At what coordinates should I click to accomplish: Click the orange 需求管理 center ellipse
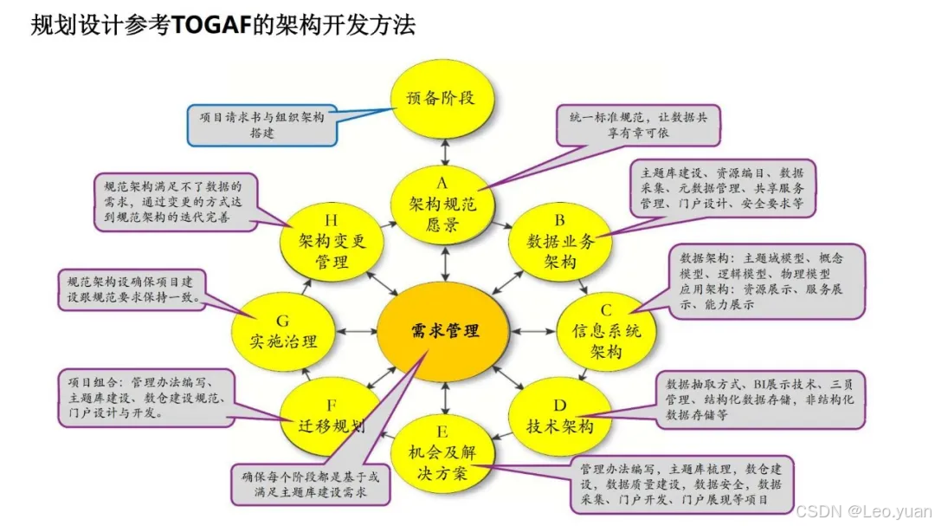(x=444, y=329)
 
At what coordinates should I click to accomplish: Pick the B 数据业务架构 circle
(x=561, y=242)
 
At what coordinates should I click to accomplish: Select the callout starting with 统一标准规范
(x=638, y=125)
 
